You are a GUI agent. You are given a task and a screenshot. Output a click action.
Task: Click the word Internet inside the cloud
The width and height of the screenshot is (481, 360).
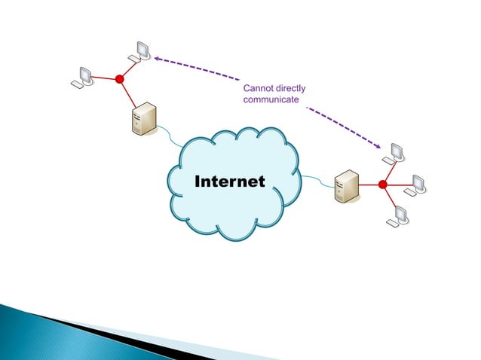pos(230,182)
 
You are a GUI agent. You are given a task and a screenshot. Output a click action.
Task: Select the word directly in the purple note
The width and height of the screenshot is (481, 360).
pos(290,90)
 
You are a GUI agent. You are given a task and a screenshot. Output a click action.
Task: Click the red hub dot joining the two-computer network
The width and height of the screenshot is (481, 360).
pos(119,78)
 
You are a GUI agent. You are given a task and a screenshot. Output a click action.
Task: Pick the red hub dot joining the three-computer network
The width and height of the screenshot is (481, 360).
pos(382,185)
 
